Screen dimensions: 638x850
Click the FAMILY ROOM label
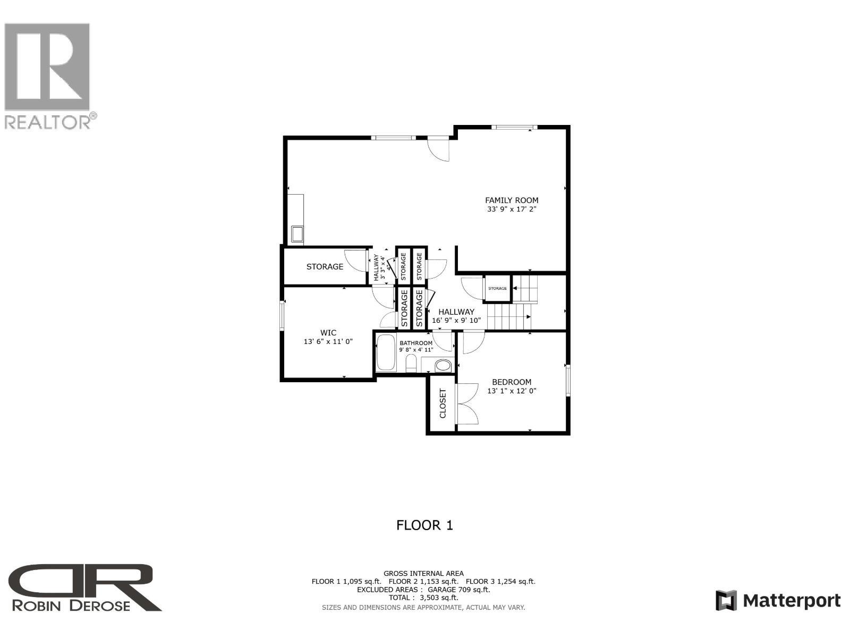pyautogui.click(x=511, y=200)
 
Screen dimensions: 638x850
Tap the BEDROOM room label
pyautogui.click(x=511, y=382)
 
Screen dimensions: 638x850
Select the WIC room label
pyautogui.click(x=328, y=333)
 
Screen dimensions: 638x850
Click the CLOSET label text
pyautogui.click(x=443, y=403)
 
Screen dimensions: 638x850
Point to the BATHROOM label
pyautogui.click(x=416, y=343)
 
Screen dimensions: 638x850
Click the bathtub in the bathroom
pyautogui.click(x=386, y=352)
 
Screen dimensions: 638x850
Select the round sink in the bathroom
pyautogui.click(x=443, y=365)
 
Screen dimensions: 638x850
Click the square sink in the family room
pyautogui.click(x=296, y=233)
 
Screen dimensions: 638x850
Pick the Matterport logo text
pyautogui.click(x=791, y=601)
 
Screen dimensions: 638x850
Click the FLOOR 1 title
pyautogui.click(x=424, y=525)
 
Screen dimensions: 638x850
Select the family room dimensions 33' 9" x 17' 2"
pyautogui.click(x=512, y=209)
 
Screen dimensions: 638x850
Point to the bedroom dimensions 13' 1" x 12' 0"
pyautogui.click(x=512, y=391)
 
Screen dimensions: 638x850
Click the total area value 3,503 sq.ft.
pyautogui.click(x=439, y=597)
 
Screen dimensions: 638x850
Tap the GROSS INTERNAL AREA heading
pyautogui.click(x=423, y=573)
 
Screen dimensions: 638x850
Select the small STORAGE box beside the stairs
pyautogui.click(x=497, y=288)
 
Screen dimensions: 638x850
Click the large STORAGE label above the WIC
pyautogui.click(x=325, y=266)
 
